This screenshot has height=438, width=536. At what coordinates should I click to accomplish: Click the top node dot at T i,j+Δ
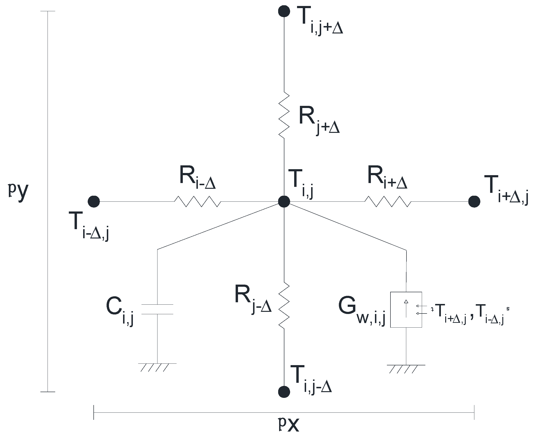pos(284,11)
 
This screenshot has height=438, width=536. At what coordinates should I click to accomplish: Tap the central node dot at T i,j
pos(284,201)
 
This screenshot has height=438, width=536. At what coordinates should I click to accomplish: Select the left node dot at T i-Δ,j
pos(94,201)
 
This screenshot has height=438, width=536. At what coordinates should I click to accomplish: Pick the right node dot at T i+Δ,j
pos(474,201)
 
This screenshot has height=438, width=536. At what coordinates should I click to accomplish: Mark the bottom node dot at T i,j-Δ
pos(284,392)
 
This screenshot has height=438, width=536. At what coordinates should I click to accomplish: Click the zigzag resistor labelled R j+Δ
pos(284,115)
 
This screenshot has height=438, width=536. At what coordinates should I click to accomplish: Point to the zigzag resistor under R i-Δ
pos(198,201)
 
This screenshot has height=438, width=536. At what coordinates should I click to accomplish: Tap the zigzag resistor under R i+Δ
pos(388,201)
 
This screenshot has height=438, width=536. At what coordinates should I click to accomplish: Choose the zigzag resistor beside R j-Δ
pos(284,306)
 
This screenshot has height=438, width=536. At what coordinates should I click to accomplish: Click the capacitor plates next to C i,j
pos(157,309)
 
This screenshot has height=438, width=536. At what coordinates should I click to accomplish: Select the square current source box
pos(406,310)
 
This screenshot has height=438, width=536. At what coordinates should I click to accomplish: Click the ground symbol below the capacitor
pos(157,367)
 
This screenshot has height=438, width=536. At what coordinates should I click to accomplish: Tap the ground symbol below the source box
pos(406,369)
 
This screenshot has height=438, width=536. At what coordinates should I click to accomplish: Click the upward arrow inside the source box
pos(406,308)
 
